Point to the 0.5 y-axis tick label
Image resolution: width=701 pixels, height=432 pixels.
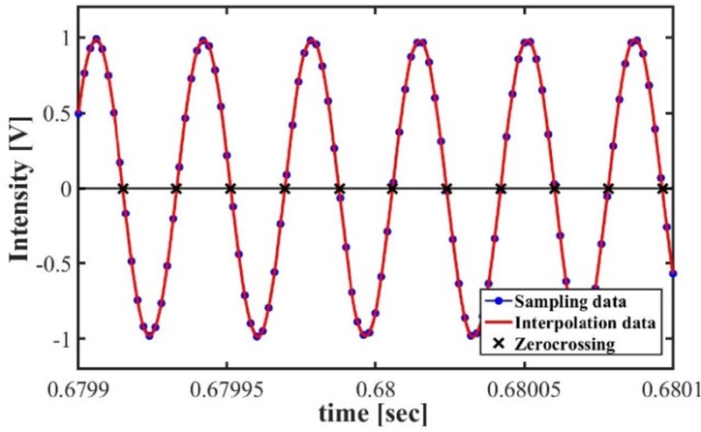pyautogui.click(x=56, y=113)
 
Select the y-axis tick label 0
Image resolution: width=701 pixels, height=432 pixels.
pyautogui.click(x=64, y=188)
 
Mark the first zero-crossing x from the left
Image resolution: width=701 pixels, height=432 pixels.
pyautogui.click(x=123, y=188)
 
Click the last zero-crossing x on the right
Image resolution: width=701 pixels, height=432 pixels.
pyautogui.click(x=663, y=188)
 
